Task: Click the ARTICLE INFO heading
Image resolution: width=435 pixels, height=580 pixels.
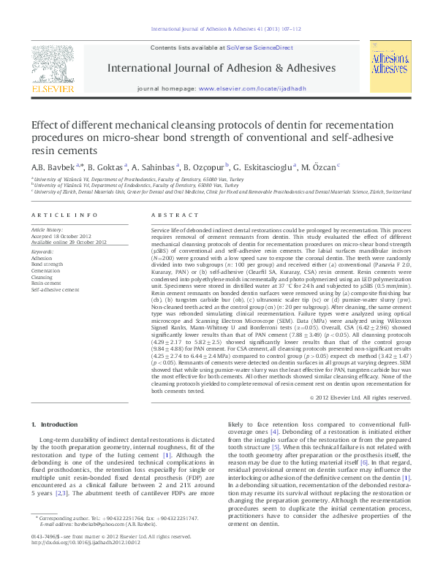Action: [64, 215]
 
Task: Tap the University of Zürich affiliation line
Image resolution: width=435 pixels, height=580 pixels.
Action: [219, 191]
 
